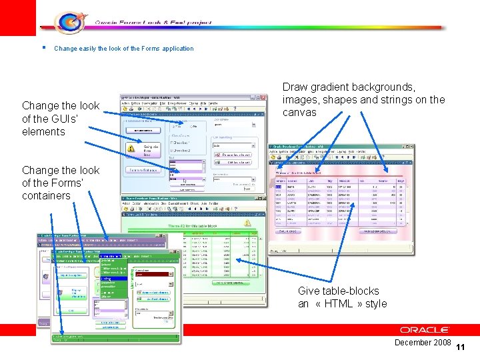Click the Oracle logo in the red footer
pos(425,330)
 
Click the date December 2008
pos(423,342)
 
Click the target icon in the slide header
pos(67,22)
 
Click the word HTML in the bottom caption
pos(337,303)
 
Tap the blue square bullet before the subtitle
pos(42,47)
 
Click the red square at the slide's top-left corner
pos(17,17)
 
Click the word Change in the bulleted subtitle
pos(65,49)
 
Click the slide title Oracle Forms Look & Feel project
pos(153,22)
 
